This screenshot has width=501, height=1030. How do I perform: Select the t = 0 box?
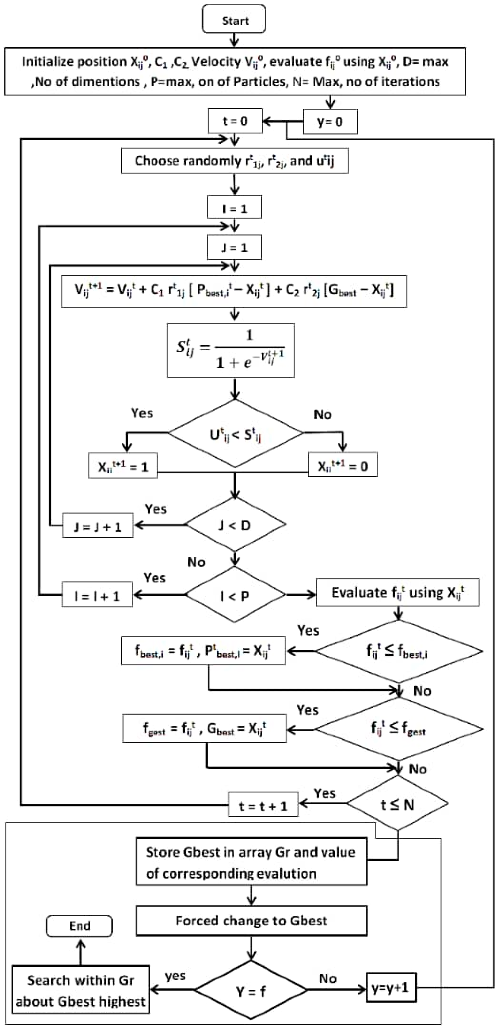235,121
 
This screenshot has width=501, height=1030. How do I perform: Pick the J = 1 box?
234,248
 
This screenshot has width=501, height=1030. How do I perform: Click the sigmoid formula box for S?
231,351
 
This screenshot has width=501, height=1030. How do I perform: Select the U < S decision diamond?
235,433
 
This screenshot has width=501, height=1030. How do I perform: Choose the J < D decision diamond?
235,524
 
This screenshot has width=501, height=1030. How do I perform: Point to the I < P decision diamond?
235,595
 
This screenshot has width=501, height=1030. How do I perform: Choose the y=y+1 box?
391,988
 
